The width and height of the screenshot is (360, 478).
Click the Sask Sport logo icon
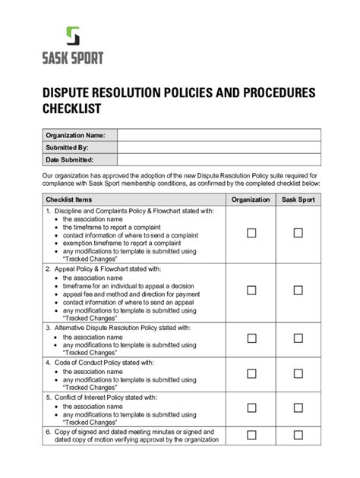click(72, 37)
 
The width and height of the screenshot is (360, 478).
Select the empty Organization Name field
click(219, 135)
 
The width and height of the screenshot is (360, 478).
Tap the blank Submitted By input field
click(219, 148)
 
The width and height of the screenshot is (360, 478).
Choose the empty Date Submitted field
click(219, 161)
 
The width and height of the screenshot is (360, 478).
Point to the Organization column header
click(251, 200)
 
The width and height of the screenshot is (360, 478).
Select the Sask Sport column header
click(298, 200)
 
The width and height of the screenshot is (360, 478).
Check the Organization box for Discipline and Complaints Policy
click(251, 233)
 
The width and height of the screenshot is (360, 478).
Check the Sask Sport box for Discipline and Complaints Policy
click(298, 233)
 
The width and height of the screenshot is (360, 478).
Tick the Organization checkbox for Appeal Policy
click(251, 291)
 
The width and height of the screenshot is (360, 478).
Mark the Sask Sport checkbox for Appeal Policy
click(298, 291)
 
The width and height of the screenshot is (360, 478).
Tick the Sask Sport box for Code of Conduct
click(298, 373)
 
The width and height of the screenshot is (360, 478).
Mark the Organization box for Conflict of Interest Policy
click(251, 408)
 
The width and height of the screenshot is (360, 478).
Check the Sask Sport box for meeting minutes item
click(298, 436)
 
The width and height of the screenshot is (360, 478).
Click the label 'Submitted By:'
click(68, 148)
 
